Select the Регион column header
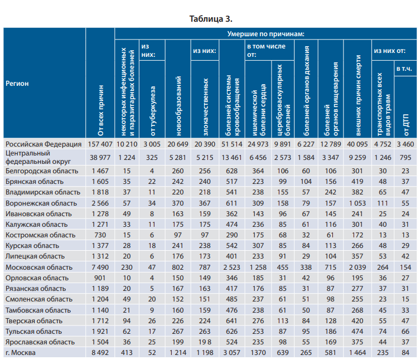tap(17, 84)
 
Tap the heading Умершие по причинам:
tap(265, 34)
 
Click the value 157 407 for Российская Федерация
tap(100, 144)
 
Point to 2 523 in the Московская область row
tap(230, 267)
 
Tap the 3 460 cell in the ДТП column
tap(407, 144)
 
